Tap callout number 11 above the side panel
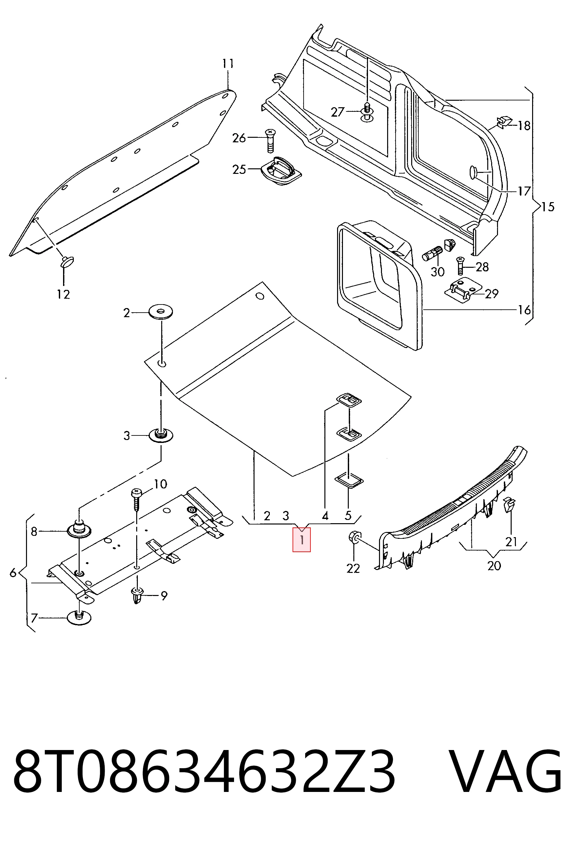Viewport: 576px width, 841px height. tap(228, 64)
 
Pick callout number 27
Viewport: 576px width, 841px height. tap(337, 112)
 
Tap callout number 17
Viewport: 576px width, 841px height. tap(524, 191)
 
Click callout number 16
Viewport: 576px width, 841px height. tap(524, 310)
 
